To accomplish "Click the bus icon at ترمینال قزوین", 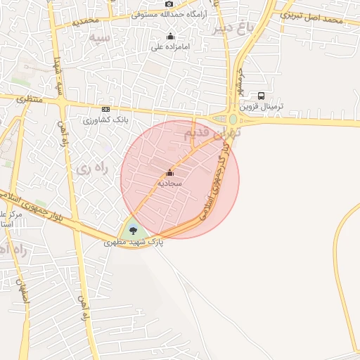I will (262, 96).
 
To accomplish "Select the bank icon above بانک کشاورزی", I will (105, 109).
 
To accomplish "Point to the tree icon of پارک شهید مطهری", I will (133, 230).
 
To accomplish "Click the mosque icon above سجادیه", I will (169, 173).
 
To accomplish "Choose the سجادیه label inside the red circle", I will (169, 183).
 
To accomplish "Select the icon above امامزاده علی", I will (169, 37).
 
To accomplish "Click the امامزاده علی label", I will (171, 47).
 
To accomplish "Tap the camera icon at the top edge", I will (169, 4).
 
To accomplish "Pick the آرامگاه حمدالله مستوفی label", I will (168, 15).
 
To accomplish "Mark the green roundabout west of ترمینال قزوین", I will (233, 120).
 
